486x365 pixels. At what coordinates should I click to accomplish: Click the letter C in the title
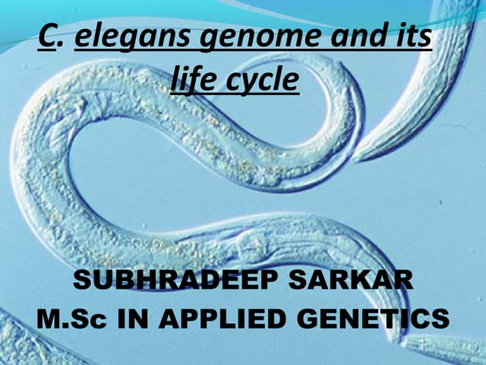(48, 39)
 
